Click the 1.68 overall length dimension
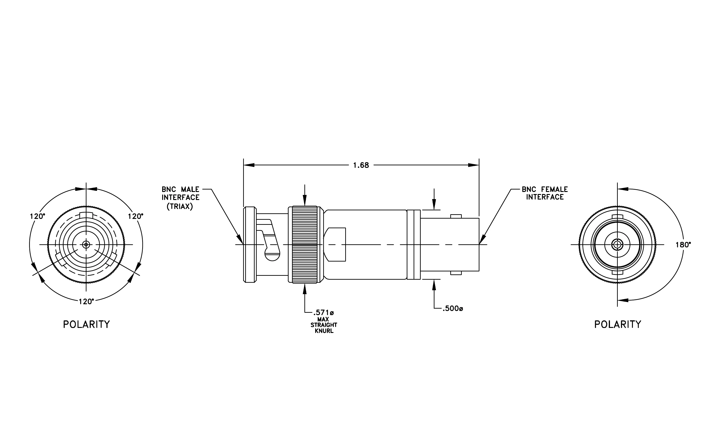point(361,165)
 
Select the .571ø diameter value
point(323,313)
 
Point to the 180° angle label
point(683,245)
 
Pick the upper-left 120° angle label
point(37,217)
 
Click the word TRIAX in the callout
point(180,207)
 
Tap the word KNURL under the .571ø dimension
point(324,331)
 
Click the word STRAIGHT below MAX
point(324,325)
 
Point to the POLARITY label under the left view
point(86,324)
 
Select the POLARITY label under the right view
point(618,324)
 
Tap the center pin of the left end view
point(86,245)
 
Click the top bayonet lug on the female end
point(456,216)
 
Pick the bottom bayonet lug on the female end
point(456,273)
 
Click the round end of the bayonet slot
point(272,254)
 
